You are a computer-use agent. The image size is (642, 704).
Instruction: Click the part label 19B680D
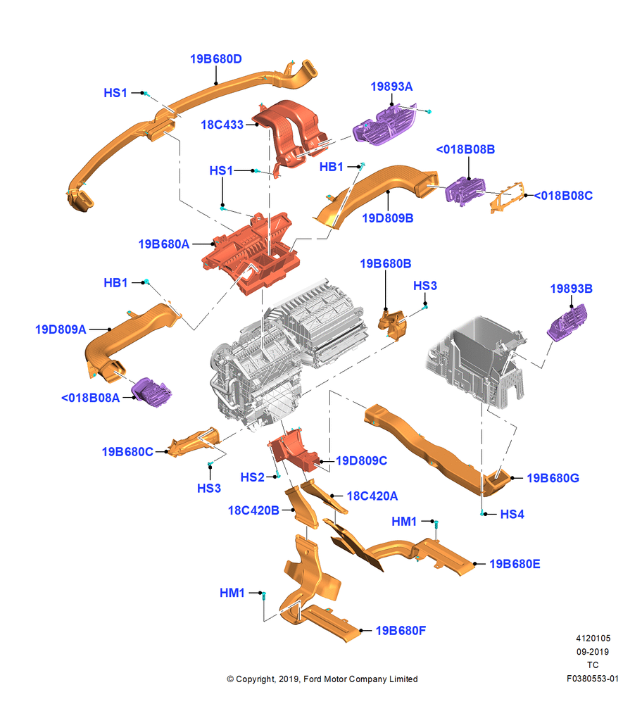click(215, 59)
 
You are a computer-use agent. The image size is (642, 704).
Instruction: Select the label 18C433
click(222, 125)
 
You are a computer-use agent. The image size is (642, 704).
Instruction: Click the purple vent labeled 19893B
click(567, 323)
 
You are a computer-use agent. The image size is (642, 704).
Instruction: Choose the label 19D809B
click(387, 218)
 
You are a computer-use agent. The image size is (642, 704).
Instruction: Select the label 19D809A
click(61, 329)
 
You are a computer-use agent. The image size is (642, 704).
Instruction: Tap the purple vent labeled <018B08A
click(152, 392)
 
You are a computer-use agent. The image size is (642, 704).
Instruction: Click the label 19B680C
click(127, 452)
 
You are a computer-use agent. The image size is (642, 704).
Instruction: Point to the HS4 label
click(512, 514)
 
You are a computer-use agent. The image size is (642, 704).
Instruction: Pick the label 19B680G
click(553, 478)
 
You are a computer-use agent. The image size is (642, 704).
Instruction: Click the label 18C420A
click(372, 496)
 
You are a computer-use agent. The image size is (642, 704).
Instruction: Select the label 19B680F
click(401, 631)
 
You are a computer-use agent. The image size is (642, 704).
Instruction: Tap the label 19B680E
click(515, 564)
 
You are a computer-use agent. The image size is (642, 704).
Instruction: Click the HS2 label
click(252, 477)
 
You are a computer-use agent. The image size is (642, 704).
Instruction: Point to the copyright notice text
click(322, 679)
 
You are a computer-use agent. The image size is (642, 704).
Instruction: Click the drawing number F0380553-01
click(593, 679)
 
